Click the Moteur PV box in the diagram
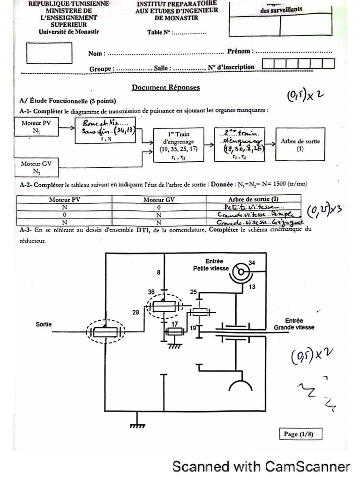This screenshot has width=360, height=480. pos(37,127)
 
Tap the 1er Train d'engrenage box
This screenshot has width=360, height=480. pos(179,144)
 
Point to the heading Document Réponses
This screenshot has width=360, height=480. pos(165,87)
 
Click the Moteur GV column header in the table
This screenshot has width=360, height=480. pos(159,199)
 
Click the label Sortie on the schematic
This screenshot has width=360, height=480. pos(44,324)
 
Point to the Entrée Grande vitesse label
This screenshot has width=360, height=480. pos(294,324)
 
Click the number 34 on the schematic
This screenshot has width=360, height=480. pos(252,262)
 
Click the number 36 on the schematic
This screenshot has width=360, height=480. pos(151,292)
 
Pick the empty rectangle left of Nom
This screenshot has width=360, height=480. pos(49,53)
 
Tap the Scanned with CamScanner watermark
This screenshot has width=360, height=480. pos(261,466)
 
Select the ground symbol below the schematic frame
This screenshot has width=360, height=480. pos(137,424)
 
